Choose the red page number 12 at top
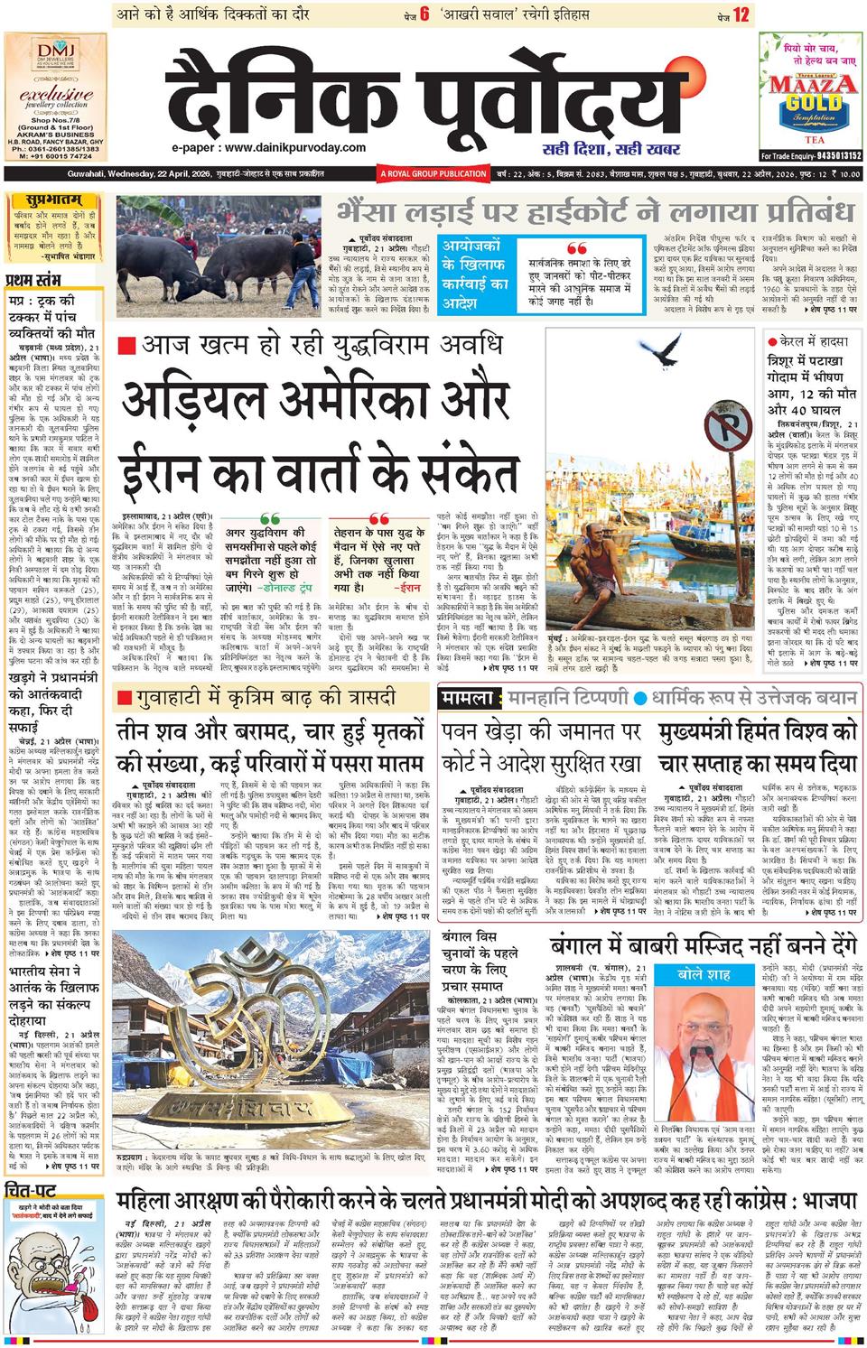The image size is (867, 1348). pyautogui.click(x=741, y=14)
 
